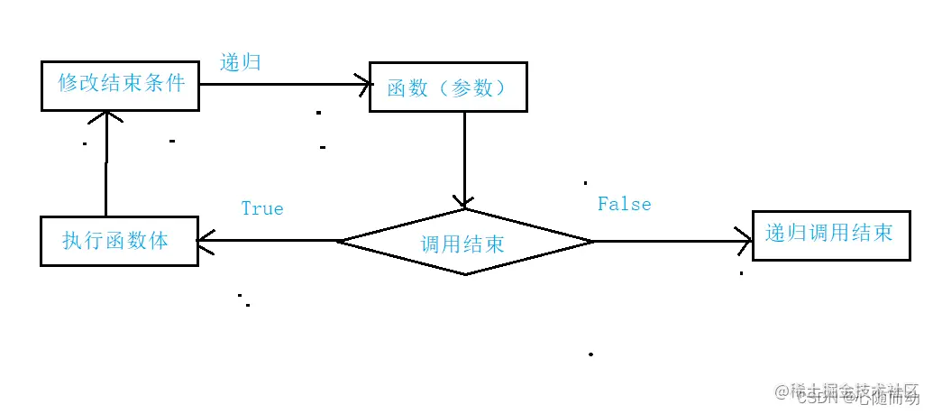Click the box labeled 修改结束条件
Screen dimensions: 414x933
point(120,86)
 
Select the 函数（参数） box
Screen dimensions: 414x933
point(448,87)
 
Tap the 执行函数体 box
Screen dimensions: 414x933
point(119,241)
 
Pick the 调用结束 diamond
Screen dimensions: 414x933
point(464,242)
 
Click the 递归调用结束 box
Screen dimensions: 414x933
point(828,234)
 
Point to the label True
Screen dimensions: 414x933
point(262,208)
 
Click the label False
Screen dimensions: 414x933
point(624,204)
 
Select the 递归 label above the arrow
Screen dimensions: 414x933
point(241,63)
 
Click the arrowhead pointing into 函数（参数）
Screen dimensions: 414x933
point(364,85)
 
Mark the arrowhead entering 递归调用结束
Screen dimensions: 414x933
point(745,241)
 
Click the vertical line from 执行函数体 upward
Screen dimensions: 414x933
point(106,171)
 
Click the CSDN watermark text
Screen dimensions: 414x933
point(816,397)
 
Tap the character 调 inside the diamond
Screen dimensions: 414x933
point(431,244)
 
